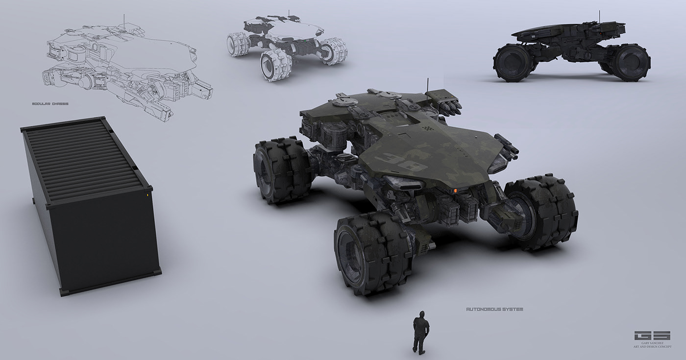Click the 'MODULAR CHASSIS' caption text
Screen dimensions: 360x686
[x=50, y=104]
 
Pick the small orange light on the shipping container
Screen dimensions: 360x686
[x=146, y=195]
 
